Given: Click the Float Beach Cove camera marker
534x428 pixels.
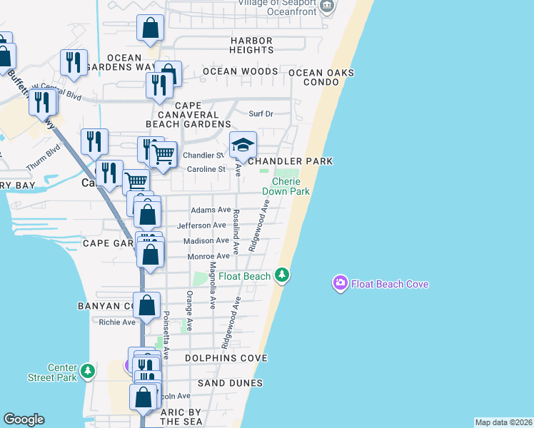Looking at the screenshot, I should (x=340, y=284).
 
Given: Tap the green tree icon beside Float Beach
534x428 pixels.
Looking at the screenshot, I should (x=283, y=275).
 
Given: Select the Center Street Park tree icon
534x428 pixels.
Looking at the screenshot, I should (x=88, y=371).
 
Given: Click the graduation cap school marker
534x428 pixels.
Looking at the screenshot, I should (x=243, y=145).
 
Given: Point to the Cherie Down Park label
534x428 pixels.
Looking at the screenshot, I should (x=286, y=186).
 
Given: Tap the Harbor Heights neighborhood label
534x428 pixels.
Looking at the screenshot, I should (x=251, y=45).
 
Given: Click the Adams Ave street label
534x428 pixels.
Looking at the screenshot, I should (x=211, y=210).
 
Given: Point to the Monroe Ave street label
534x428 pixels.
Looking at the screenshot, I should (x=208, y=256).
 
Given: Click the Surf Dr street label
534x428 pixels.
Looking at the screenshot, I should (x=261, y=113).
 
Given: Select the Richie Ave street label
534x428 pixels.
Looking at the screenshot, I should (x=117, y=322).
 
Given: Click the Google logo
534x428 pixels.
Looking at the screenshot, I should (x=24, y=419).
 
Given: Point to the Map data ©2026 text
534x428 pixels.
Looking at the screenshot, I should (x=503, y=422).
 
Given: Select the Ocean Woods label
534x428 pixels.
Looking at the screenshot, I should (x=240, y=71).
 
